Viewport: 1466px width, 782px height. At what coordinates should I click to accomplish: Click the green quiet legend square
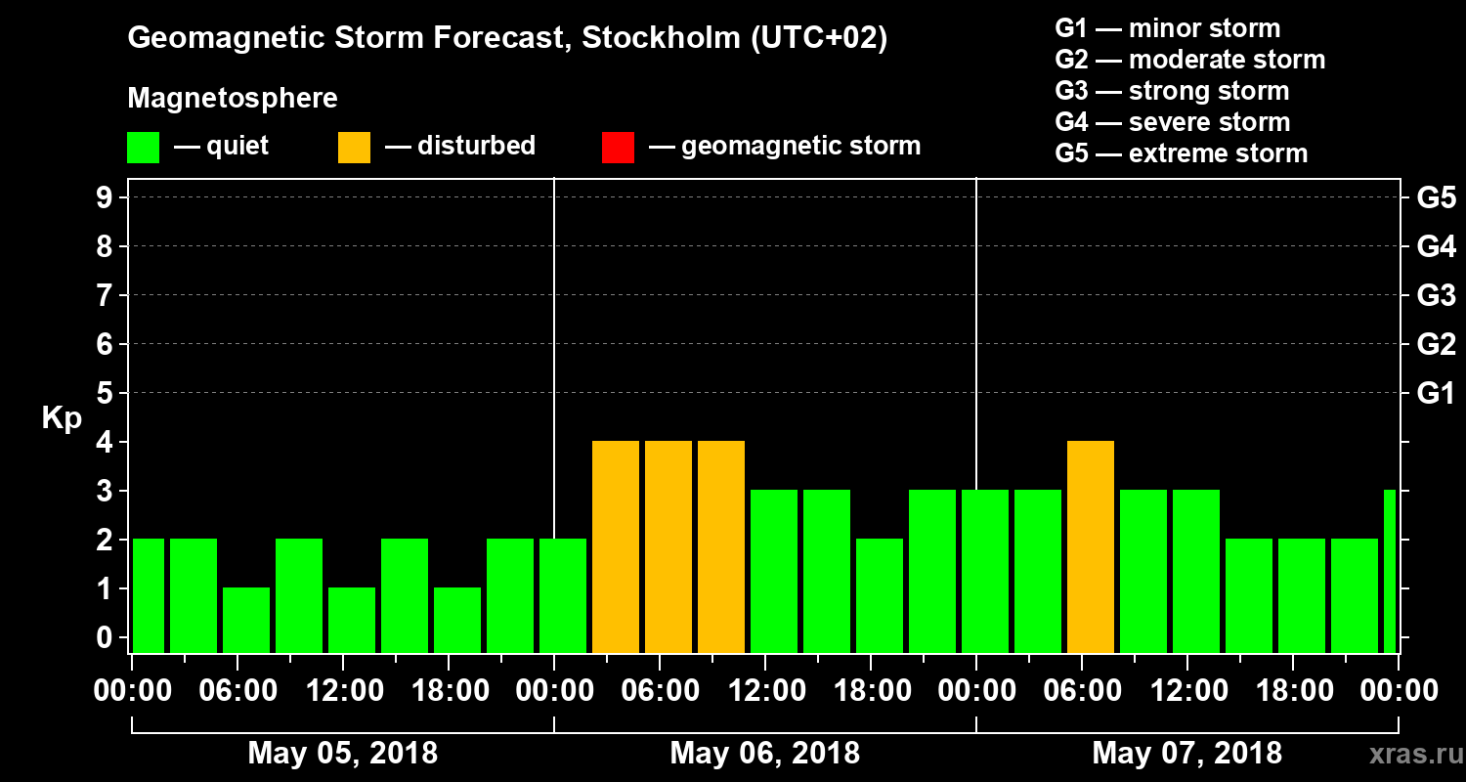click(x=143, y=147)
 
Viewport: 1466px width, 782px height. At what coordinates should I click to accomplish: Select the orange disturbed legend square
click(x=354, y=147)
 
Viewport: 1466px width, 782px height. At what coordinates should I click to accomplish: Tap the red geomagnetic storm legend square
click(x=618, y=147)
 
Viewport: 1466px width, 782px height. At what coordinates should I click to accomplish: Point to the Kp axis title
click(x=62, y=417)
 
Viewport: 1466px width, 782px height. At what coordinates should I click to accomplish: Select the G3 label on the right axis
click(x=1436, y=295)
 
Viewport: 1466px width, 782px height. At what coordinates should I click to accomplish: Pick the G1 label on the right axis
click(x=1436, y=393)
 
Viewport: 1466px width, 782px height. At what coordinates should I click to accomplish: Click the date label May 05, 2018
click(x=343, y=754)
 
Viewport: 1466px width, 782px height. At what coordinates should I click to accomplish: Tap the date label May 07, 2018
click(x=1186, y=754)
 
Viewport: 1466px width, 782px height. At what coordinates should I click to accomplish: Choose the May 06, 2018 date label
click(x=765, y=754)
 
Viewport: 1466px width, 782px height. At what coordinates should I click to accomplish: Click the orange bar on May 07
click(x=1091, y=546)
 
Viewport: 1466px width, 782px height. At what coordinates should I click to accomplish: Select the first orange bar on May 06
click(x=616, y=546)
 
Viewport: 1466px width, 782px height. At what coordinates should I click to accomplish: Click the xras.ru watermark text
click(x=1407, y=755)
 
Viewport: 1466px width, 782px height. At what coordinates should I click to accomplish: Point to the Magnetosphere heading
click(x=233, y=99)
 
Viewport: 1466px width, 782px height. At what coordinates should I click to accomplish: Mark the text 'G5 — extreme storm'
click(x=1182, y=153)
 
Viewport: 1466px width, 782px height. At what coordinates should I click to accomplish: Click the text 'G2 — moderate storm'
click(x=1190, y=60)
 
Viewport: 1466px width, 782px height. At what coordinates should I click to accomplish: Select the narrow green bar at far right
click(x=1390, y=571)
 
